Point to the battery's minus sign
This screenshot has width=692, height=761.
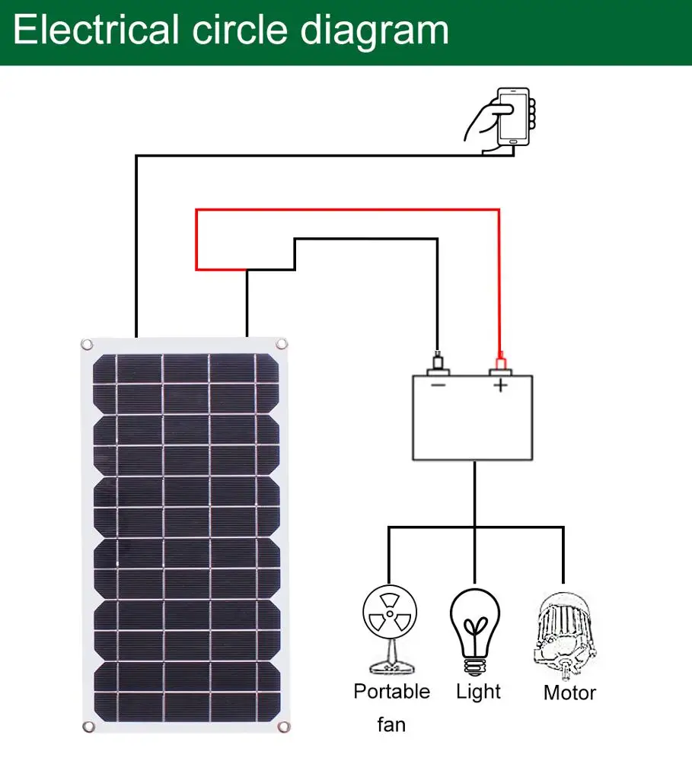click(x=438, y=385)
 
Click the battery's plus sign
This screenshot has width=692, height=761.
click(x=500, y=385)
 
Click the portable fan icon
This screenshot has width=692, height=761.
click(x=389, y=628)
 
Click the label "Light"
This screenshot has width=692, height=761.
click(x=479, y=692)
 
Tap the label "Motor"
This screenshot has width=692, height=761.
click(x=569, y=693)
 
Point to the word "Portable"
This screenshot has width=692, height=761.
click(x=391, y=692)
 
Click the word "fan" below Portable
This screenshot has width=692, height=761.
click(x=391, y=724)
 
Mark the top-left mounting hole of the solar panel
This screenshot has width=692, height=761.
click(x=87, y=345)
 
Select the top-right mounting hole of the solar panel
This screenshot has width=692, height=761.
click(x=282, y=345)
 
